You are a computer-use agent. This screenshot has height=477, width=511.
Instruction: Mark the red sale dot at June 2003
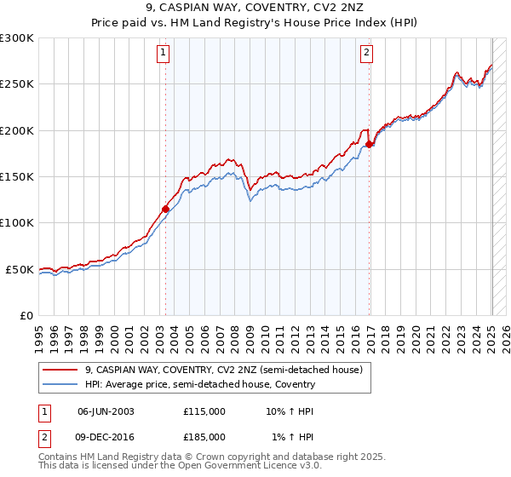166,208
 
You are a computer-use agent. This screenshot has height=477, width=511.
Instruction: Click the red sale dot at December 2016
370,144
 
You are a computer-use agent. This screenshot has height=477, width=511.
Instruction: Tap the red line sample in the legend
60,371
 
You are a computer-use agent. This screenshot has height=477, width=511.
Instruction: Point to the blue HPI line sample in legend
60,384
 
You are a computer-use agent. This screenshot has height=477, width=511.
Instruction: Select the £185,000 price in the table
204,436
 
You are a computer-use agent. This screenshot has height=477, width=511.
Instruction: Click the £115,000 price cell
204,411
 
